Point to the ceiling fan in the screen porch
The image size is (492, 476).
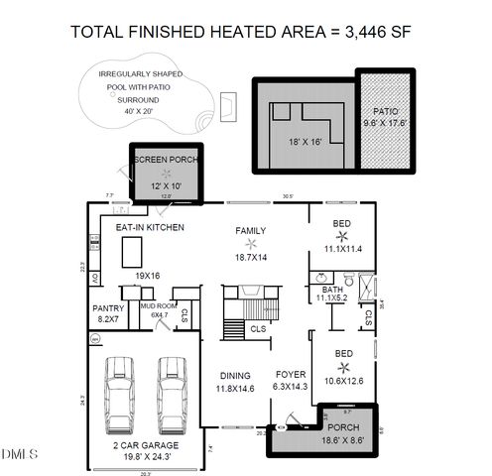(166, 173)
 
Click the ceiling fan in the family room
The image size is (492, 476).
(252, 244)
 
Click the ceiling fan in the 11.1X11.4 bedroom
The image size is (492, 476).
(342, 235)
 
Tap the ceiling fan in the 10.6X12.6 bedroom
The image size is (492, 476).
(342, 367)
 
